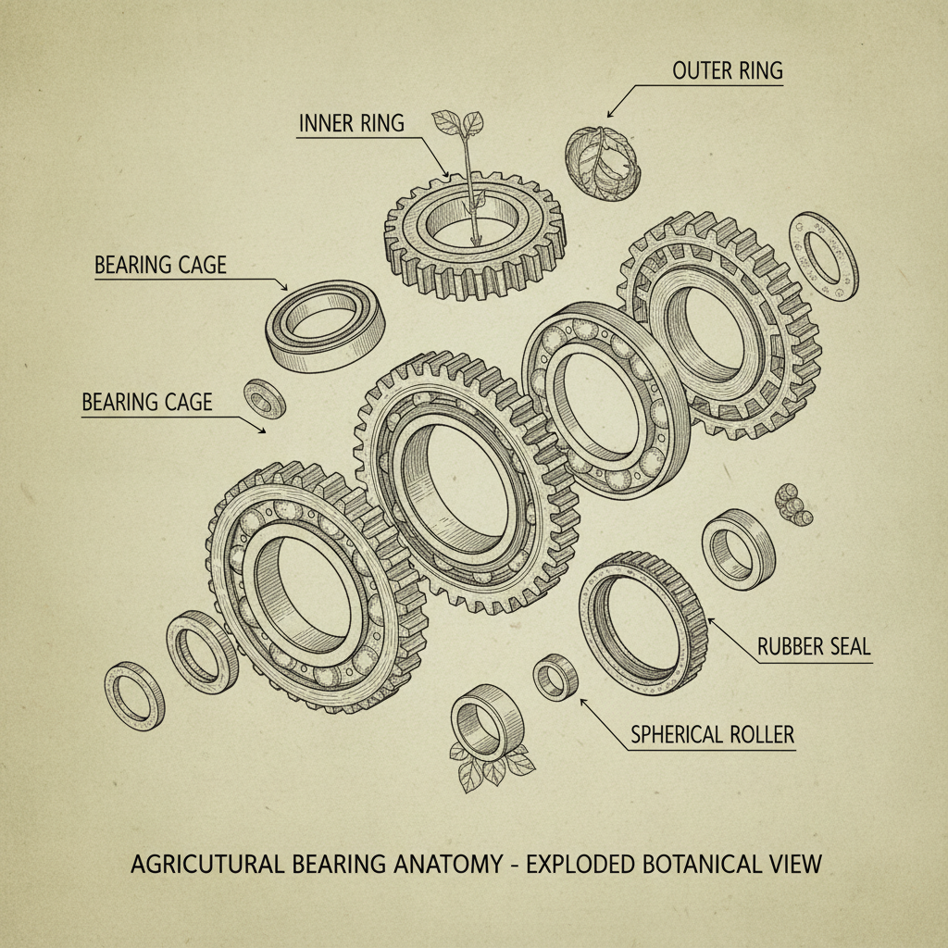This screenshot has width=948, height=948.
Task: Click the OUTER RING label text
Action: [x=728, y=70]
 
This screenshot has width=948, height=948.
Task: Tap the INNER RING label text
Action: [x=351, y=123]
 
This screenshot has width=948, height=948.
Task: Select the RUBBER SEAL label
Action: [x=814, y=646]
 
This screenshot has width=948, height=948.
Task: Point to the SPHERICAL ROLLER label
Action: [x=712, y=735]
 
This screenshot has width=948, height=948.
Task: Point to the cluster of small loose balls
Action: [x=792, y=503]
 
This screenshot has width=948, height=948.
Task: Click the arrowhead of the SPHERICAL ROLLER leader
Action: [x=583, y=701]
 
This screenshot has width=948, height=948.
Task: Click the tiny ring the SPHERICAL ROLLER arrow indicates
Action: [x=555, y=675]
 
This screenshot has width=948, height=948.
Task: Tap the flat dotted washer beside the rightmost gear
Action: [x=822, y=256]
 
